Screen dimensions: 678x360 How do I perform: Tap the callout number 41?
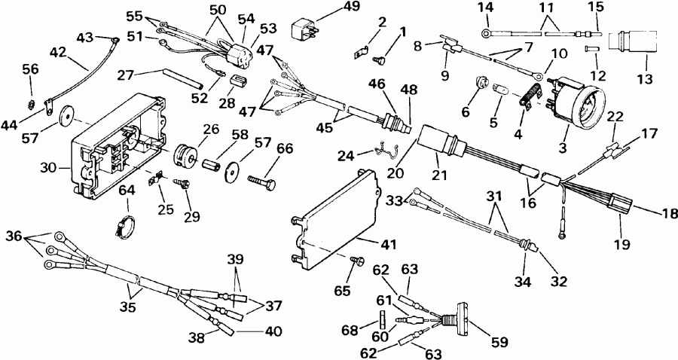click(x=388, y=245)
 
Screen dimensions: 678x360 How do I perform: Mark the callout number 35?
click(x=128, y=307)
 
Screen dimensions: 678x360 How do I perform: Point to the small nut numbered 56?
click(x=30, y=104)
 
